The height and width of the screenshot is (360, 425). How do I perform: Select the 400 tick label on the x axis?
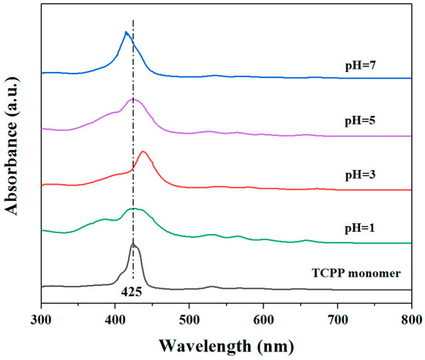click(116, 318)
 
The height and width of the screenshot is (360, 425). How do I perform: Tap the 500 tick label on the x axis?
click(189, 318)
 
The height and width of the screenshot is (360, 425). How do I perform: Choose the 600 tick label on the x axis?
click(263, 318)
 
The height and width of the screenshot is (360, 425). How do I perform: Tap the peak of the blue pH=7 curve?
click(126, 32)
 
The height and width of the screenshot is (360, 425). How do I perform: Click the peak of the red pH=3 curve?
click(143, 151)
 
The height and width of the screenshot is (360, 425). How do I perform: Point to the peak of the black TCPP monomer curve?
click(133, 244)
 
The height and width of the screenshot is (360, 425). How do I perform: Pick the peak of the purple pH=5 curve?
click(134, 99)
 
